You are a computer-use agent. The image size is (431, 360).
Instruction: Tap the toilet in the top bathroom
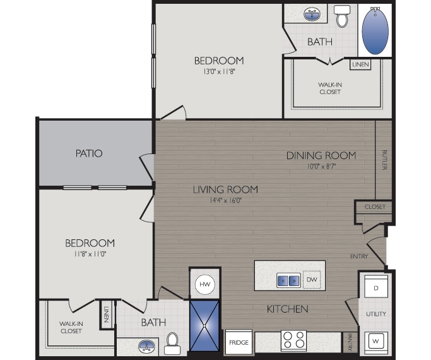pyautogui.click(x=342, y=17)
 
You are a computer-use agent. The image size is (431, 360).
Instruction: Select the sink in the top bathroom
pyautogui.click(x=310, y=14)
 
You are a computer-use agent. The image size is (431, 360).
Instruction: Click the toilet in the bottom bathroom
pyautogui.click(x=172, y=344)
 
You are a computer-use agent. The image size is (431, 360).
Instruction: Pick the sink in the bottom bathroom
pyautogui.click(x=146, y=346)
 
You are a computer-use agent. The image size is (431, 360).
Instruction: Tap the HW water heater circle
pyautogui.click(x=204, y=285)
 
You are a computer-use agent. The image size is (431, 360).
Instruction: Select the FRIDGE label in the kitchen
pyautogui.click(x=239, y=343)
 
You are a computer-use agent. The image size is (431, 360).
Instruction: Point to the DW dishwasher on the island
pyautogui.click(x=312, y=279)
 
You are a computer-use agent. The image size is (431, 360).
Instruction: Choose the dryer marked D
pyautogui.click(x=375, y=288)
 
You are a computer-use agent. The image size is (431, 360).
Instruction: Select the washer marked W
pyautogui.click(x=375, y=342)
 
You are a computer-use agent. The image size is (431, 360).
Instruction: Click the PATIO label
pyautogui.click(x=89, y=153)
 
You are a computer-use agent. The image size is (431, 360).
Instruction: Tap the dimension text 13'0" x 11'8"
pyautogui.click(x=218, y=71)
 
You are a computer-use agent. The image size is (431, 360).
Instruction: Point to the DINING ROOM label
pyautogui.click(x=321, y=155)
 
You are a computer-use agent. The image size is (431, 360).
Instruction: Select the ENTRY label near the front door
pyautogui.click(x=359, y=256)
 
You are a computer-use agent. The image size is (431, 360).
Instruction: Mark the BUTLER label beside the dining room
pyautogui.click(x=384, y=160)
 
